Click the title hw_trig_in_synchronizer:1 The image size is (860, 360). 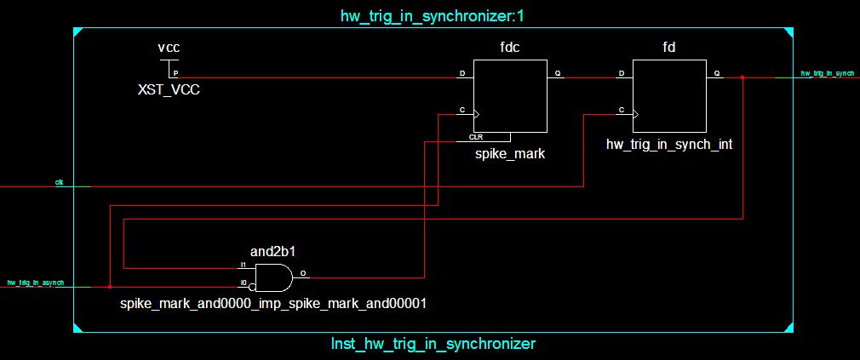[431, 15]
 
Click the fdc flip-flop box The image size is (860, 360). [510, 95]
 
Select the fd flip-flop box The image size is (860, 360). [669, 95]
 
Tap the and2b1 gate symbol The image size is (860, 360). [271, 277]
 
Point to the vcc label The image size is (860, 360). [169, 48]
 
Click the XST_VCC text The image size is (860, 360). [169, 89]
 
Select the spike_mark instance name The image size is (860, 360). [510, 154]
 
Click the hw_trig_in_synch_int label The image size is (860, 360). [669, 145]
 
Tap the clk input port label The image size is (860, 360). [59, 182]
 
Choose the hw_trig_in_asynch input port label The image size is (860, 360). [35, 282]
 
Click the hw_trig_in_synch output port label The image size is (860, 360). [827, 73]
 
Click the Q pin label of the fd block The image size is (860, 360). [717, 73]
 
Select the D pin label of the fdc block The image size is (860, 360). [462, 73]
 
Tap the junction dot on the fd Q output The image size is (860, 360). [742, 77]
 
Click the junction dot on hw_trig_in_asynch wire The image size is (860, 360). [110, 287]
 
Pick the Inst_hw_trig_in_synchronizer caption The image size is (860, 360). [433, 344]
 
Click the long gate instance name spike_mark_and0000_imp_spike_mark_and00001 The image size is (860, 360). [273, 302]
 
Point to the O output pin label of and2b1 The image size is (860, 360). [304, 274]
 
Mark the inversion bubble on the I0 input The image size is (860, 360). [252, 287]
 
